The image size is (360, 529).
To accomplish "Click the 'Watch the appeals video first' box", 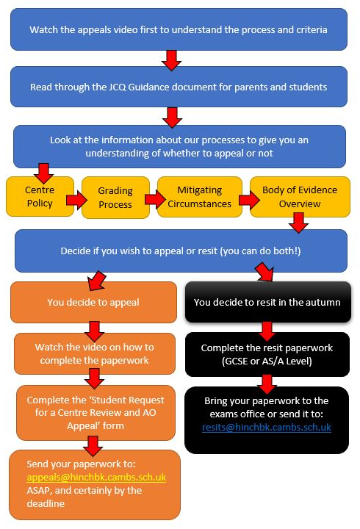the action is tap(179, 29).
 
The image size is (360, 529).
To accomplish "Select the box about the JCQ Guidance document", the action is tap(179, 87).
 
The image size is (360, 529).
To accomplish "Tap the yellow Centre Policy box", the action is tap(40, 197).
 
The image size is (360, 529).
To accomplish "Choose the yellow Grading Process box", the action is tap(115, 198).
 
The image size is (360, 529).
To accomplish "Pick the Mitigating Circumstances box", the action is tap(199, 197).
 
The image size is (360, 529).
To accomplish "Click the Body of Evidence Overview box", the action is tap(300, 197).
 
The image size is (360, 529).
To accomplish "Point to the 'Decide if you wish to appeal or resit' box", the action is tap(181, 251).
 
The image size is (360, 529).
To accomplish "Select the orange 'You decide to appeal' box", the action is tap(93, 302).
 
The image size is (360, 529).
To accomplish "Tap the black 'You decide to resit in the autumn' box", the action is tap(267, 302).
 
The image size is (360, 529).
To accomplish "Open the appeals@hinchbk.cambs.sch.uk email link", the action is tap(96, 478).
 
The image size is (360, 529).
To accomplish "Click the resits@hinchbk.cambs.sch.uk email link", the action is tap(267, 428).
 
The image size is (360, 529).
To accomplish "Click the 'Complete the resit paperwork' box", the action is tap(267, 354).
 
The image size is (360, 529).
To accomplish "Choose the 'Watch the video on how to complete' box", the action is tap(95, 353).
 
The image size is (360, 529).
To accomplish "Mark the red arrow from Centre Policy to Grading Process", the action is tap(76, 200).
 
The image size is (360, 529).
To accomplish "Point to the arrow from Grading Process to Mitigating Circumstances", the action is tap(155, 199).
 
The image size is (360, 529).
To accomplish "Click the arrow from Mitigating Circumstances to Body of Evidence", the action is tap(249, 200).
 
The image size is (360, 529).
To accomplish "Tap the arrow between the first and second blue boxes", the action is tap(171, 60).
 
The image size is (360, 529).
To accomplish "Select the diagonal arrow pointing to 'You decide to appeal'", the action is tap(96, 281).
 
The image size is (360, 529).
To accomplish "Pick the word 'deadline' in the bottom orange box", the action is tap(46, 504).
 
